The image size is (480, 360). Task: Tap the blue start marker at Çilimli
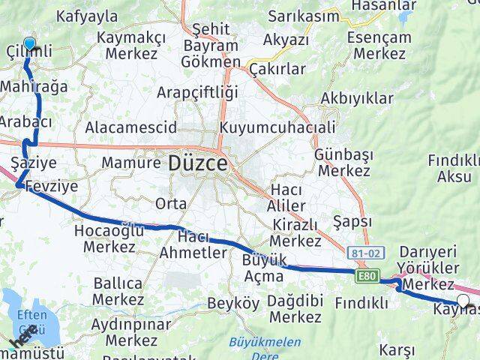point(29,44)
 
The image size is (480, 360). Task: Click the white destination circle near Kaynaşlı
point(463,301)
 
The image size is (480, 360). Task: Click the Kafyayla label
point(87,15)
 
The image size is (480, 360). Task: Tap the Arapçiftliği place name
point(197,93)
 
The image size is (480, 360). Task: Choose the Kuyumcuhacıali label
point(277,127)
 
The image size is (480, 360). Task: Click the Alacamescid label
point(130,127)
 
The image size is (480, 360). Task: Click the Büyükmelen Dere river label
point(265,348)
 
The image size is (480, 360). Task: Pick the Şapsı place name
point(352,222)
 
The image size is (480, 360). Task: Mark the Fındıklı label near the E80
point(361,303)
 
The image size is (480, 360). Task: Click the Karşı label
point(397,349)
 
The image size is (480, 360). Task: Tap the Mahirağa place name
point(34,87)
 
